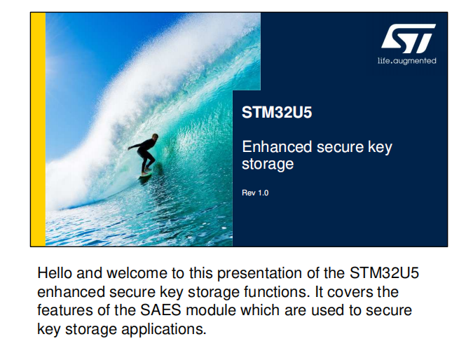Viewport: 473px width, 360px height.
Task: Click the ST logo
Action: (408, 39)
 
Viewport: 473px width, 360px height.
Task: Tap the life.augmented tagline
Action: (406, 61)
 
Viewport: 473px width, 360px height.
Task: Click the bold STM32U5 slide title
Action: (277, 113)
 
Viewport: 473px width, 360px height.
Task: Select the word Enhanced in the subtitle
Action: (277, 147)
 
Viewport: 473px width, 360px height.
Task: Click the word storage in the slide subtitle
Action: (268, 165)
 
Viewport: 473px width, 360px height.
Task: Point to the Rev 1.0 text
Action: (255, 193)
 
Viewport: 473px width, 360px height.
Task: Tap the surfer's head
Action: (155, 137)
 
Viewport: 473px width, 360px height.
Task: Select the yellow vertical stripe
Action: (38, 130)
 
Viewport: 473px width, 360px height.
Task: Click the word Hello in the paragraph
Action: (55, 273)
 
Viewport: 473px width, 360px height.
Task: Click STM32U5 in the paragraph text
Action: (384, 273)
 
